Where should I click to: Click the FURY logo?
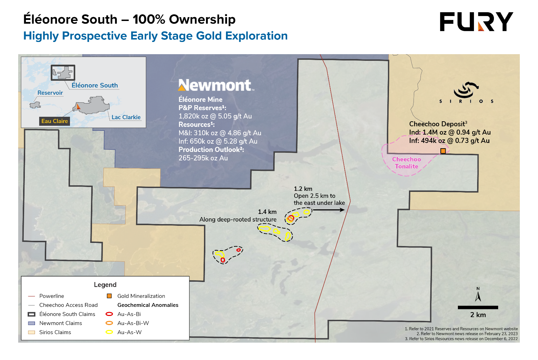tap(476, 22)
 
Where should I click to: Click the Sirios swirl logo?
tap(466, 90)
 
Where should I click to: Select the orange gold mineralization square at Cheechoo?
tap(443, 151)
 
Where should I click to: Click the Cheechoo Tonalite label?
tap(406, 163)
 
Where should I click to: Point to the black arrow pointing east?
tap(328, 210)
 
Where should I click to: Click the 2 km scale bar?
tap(478, 308)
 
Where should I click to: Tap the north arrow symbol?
tap(478, 295)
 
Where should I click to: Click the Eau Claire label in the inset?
tap(55, 121)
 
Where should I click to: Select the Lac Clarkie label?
tap(126, 117)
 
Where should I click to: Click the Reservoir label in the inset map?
tap(50, 93)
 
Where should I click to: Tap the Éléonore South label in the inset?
tap(94, 86)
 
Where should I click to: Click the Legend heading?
tap(105, 285)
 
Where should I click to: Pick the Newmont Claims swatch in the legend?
tap(31, 323)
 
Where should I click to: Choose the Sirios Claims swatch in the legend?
tap(31, 332)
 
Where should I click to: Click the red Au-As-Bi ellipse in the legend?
tap(109, 314)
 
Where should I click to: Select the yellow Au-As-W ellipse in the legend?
tap(109, 332)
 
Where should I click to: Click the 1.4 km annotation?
tap(267, 212)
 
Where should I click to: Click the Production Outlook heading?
tap(211, 150)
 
